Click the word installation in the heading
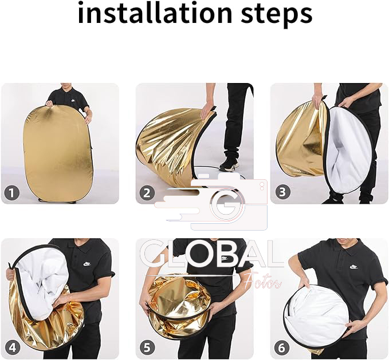coord(155,13)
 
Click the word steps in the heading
coord(277,14)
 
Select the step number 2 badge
coord(147,193)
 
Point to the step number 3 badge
coord(282,192)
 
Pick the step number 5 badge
coord(147,347)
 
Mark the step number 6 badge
coord(281,347)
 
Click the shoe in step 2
coord(229,165)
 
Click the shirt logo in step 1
coord(73,101)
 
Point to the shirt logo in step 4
coord(87,264)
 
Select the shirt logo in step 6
coord(354,267)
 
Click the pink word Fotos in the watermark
coord(263,283)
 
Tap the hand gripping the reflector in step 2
coord(208,112)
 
